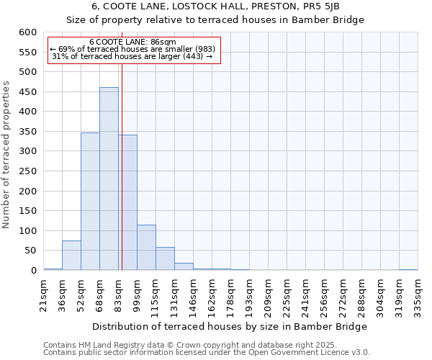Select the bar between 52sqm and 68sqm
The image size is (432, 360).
[90, 202]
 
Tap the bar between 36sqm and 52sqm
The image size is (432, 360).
[71, 256]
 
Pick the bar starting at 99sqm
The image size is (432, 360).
[146, 248]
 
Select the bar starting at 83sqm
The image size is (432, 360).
[128, 202]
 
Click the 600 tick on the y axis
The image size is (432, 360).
[27, 32]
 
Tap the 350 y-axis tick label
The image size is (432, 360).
[27, 132]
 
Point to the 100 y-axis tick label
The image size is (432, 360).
[27, 231]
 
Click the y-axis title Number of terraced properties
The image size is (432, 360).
[7, 155]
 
